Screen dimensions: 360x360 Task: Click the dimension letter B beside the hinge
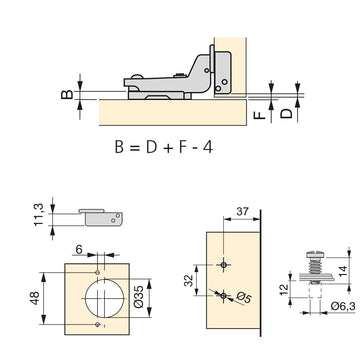point(67,94)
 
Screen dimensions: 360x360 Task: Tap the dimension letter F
point(260,115)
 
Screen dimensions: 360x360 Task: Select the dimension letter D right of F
point(286,114)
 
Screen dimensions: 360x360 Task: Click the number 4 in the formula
point(208,147)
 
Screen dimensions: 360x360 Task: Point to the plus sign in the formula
point(168,148)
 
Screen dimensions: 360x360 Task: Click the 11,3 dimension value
point(38,215)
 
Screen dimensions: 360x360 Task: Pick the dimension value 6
point(79,249)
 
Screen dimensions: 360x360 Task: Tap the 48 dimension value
point(34,298)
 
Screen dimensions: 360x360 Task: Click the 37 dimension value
point(242,212)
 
